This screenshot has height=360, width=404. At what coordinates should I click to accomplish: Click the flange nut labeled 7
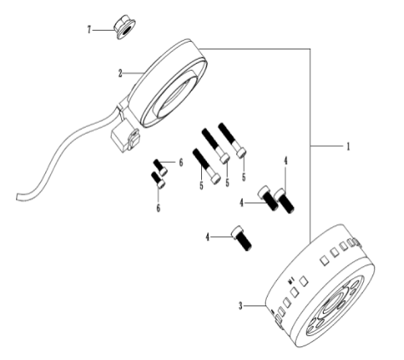pyautogui.click(x=124, y=28)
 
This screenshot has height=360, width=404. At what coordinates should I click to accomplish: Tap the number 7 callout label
pyautogui.click(x=89, y=30)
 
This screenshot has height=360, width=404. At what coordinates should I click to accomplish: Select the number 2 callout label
pyautogui.click(x=120, y=73)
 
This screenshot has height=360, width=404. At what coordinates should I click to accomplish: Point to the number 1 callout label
pyautogui.click(x=348, y=147)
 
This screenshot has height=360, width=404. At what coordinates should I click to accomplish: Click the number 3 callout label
pyautogui.click(x=240, y=306)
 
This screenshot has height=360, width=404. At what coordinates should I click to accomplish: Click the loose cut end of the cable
pyautogui.click(x=19, y=196)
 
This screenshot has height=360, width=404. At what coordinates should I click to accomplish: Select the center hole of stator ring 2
pyautogui.click(x=174, y=96)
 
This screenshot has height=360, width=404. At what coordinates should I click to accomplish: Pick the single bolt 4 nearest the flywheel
pyautogui.click(x=241, y=238)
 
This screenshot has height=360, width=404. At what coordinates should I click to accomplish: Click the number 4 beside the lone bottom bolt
pyautogui.click(x=208, y=237)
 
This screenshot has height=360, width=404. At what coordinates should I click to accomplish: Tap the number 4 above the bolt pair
pyautogui.click(x=286, y=161)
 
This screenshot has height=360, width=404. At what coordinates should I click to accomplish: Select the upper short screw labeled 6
pyautogui.click(x=160, y=167)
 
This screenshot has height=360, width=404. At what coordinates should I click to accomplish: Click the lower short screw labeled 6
pyautogui.click(x=158, y=180)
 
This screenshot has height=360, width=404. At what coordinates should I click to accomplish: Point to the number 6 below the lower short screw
pyautogui.click(x=159, y=208)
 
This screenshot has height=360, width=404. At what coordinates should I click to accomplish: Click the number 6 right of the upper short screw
pyautogui.click(x=181, y=163)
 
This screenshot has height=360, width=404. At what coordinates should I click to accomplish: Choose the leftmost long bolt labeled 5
pyautogui.click(x=206, y=166)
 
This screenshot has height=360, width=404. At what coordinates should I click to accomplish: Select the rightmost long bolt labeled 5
pyautogui.click(x=232, y=140)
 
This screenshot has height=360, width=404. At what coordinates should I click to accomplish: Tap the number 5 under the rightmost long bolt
pyautogui.click(x=244, y=177)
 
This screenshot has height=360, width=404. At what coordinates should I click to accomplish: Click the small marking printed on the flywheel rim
pyautogui.click(x=291, y=281)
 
